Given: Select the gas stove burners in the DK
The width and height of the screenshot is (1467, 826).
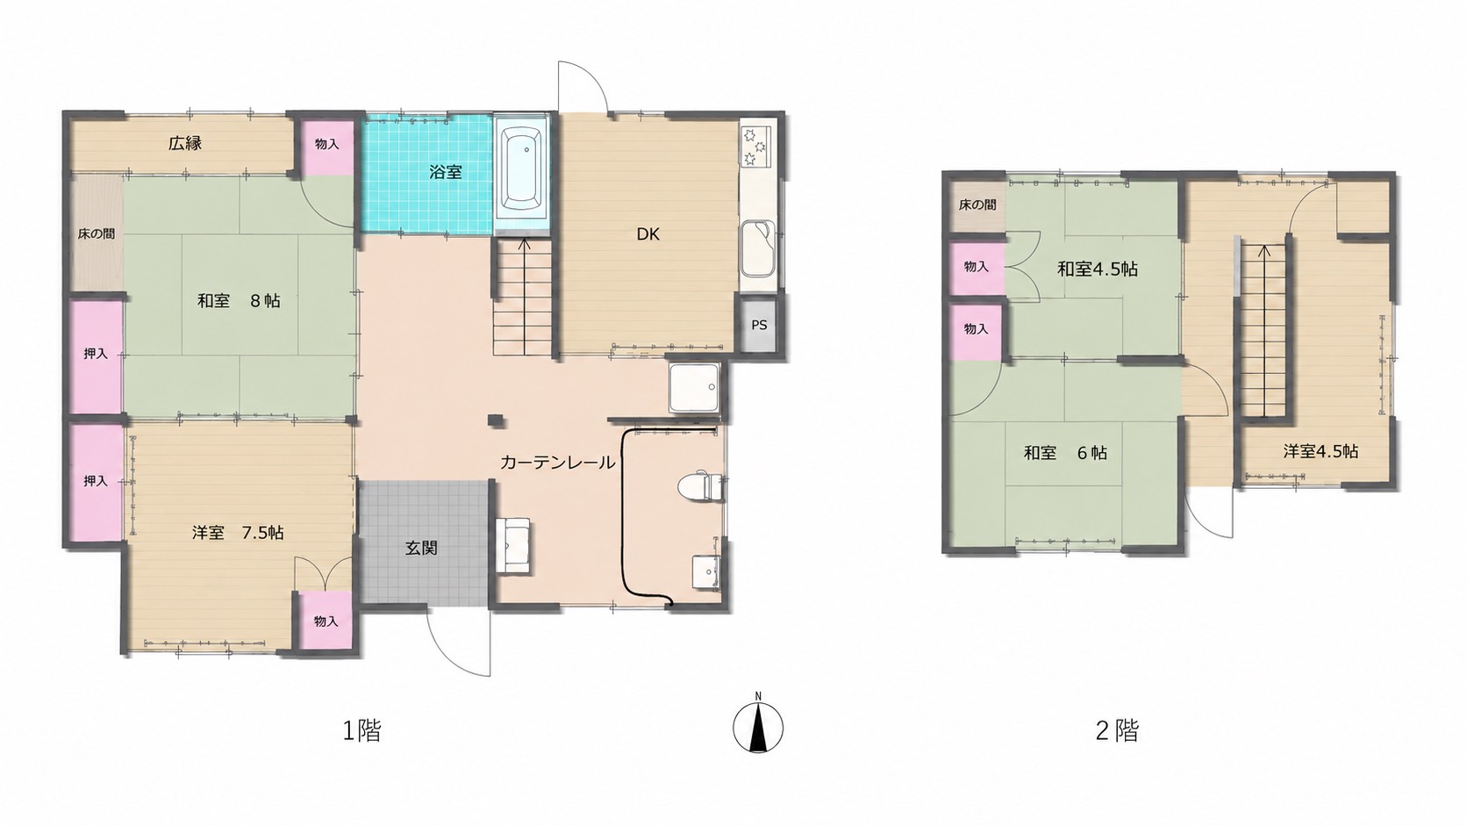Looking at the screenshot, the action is [758, 145].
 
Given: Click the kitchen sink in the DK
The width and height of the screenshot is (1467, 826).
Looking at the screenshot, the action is [758, 248].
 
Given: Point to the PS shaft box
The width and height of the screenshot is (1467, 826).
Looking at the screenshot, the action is [758, 325].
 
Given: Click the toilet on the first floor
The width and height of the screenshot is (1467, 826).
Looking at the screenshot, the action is [698, 486].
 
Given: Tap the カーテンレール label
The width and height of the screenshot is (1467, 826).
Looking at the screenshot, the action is [557, 463].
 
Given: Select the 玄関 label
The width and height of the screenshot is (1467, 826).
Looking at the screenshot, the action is [421, 548].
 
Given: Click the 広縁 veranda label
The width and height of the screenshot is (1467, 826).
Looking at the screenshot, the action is [184, 143].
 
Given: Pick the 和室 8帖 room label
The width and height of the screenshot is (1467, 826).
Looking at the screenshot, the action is [239, 301].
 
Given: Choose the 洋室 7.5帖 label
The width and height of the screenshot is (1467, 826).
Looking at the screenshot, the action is [238, 533].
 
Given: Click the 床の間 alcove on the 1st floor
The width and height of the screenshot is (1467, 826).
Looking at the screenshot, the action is [97, 233].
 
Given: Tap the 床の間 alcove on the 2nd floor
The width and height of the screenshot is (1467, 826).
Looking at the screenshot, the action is [977, 205].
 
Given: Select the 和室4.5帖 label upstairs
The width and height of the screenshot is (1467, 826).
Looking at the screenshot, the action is [1098, 269].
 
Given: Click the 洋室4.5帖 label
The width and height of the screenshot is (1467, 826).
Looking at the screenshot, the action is [1320, 450].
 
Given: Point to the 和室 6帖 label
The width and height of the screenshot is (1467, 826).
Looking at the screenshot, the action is [1065, 452].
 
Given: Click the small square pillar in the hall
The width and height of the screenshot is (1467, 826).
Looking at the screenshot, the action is [496, 420].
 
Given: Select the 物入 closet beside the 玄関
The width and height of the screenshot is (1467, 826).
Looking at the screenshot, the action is [326, 621].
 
